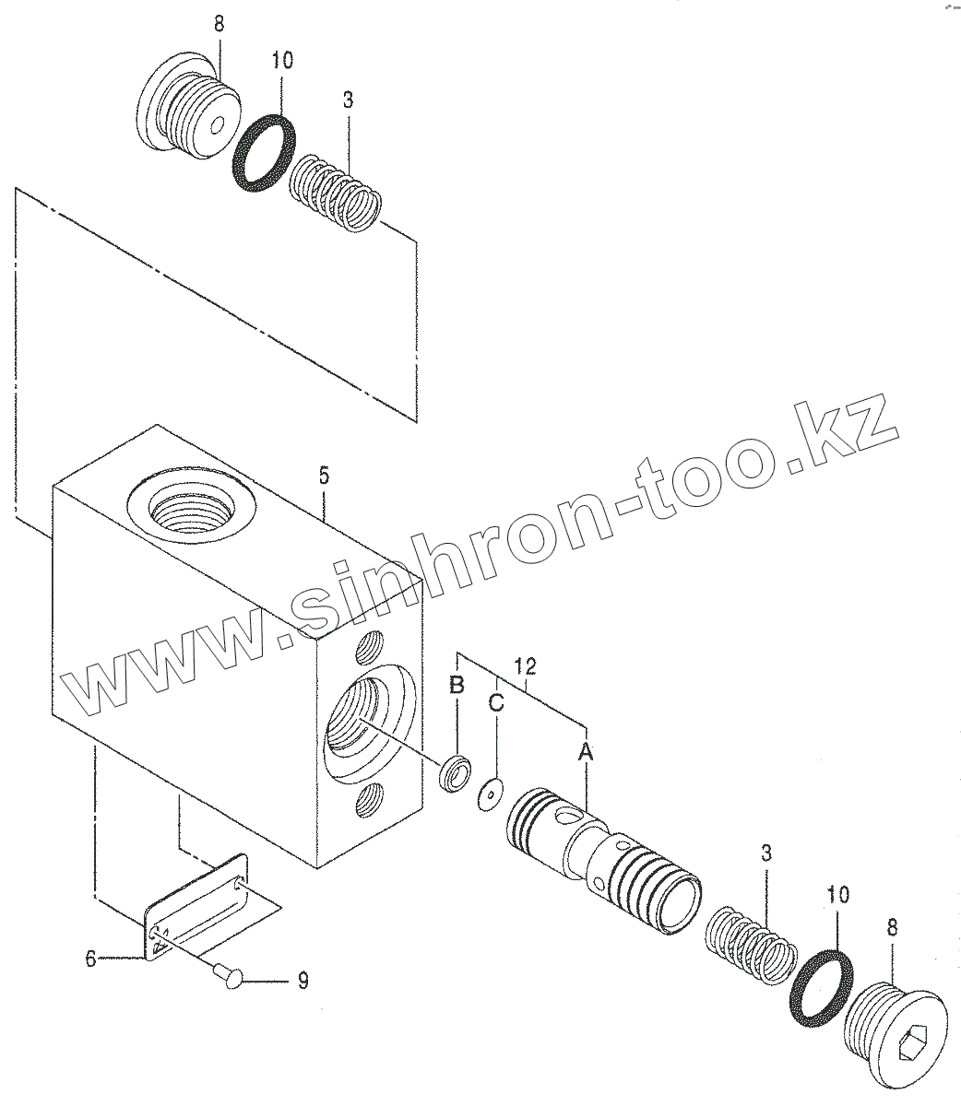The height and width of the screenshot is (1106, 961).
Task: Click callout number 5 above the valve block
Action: click(323, 477)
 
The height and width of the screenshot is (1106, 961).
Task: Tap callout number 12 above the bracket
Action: click(525, 665)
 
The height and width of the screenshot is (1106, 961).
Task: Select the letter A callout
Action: click(585, 753)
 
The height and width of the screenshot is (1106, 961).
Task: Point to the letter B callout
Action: click(456, 684)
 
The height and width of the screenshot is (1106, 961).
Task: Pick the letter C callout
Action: click(496, 703)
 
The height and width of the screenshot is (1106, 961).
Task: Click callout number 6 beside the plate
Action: click(90, 959)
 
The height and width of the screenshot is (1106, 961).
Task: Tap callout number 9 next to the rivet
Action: click(303, 981)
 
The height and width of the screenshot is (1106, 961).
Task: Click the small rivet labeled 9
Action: click(229, 973)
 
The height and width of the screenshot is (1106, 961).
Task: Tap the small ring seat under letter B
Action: click(454, 771)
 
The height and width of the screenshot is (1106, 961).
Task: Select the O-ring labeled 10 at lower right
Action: click(820, 987)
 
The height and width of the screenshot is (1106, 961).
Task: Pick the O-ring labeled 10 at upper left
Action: click(264, 153)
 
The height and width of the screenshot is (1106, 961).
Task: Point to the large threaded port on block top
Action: click(195, 506)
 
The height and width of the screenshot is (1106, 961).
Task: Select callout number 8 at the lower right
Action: click(892, 928)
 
